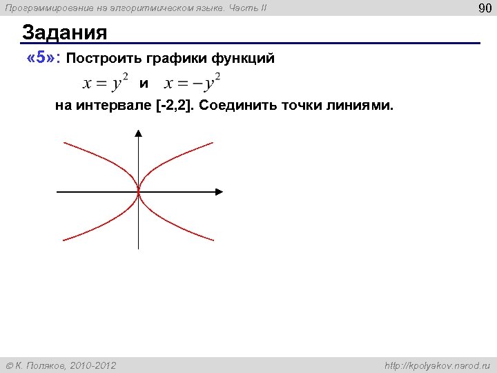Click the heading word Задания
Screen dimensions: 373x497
(x=65, y=32)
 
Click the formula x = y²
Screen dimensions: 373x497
(x=106, y=83)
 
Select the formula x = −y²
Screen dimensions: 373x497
(x=193, y=83)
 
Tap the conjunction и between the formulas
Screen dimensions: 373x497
(x=144, y=84)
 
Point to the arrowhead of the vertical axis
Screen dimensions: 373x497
(x=139, y=137)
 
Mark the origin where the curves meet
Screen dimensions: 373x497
(x=139, y=192)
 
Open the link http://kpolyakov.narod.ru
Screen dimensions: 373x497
(x=436, y=365)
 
